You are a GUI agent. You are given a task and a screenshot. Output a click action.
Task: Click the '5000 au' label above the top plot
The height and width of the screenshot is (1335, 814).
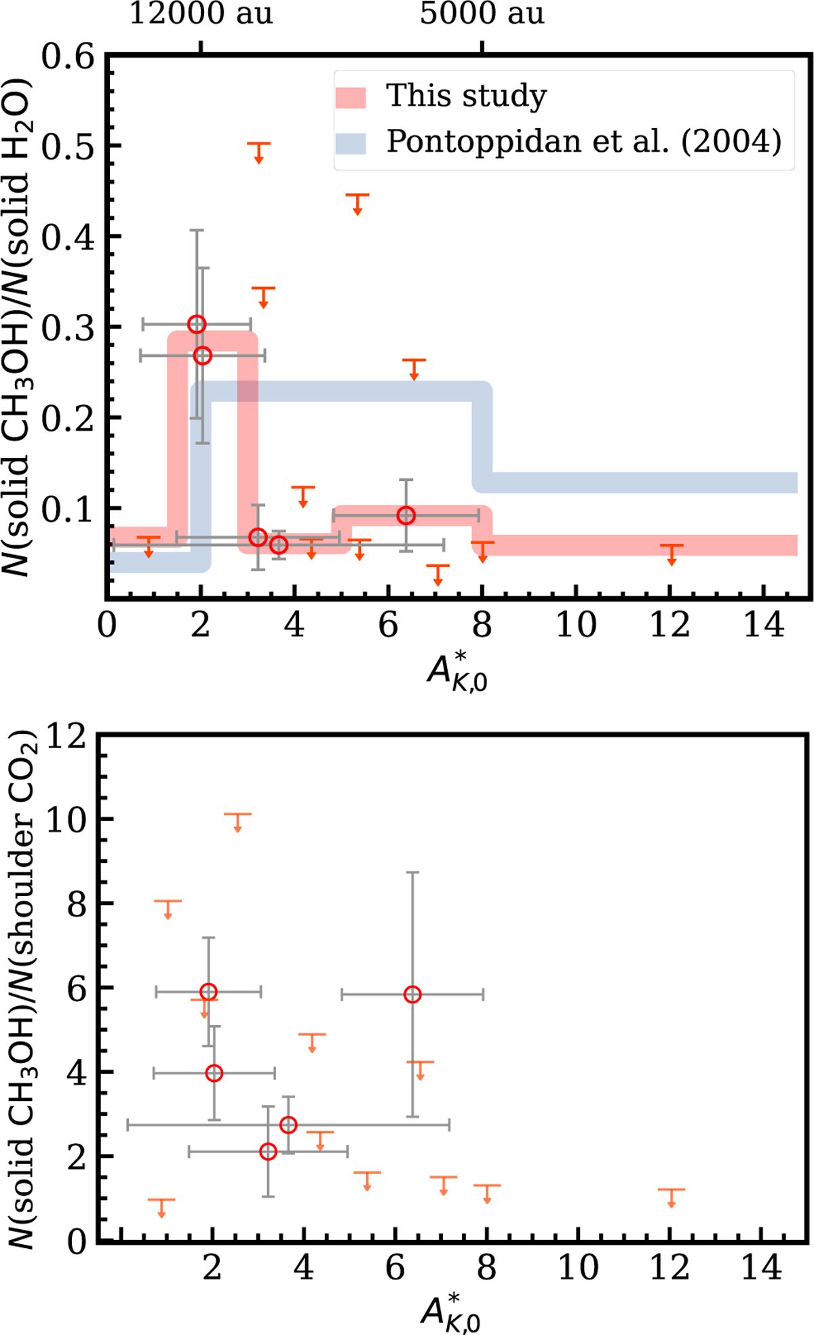pyautogui.click(x=482, y=14)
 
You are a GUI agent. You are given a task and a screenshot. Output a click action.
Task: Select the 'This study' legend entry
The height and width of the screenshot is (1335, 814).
pyautogui.click(x=466, y=96)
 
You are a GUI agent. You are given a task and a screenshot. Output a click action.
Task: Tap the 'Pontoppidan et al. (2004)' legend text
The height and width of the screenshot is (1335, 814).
pyautogui.click(x=583, y=141)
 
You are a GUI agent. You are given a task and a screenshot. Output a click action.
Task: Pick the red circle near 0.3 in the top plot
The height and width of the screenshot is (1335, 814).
pyautogui.click(x=197, y=324)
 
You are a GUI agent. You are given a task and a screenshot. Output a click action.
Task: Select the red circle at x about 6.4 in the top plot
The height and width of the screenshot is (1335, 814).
pyautogui.click(x=406, y=516)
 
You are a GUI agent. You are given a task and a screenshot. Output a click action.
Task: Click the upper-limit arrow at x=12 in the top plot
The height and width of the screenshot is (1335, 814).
pyautogui.click(x=672, y=554)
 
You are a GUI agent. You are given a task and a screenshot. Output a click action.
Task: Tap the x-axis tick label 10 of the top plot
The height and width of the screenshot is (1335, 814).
pyautogui.click(x=576, y=625)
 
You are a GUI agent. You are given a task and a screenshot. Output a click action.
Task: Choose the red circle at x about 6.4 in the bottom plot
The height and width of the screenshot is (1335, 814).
pyautogui.click(x=412, y=994)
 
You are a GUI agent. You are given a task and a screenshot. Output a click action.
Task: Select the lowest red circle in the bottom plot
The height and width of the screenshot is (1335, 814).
pyautogui.click(x=268, y=1151)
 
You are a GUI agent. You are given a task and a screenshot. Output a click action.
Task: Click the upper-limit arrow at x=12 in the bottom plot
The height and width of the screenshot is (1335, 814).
pyautogui.click(x=671, y=1198)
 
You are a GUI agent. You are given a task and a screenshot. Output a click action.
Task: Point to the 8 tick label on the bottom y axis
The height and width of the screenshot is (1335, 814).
pyautogui.click(x=77, y=904)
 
